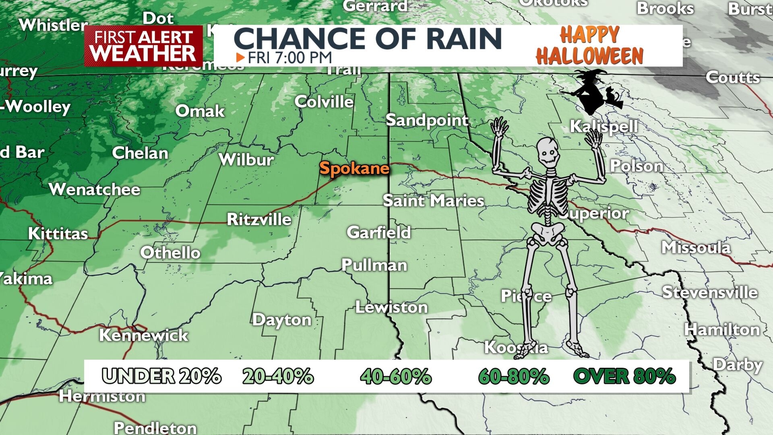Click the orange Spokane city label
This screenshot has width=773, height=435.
pos(354,168)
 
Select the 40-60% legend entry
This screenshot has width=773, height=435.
pos(396,377)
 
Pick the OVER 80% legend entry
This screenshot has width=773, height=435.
pos(624,377)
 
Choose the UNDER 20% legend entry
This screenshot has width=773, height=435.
pos(161,377)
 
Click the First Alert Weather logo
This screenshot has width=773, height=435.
pos(143,46)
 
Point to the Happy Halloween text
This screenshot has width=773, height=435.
pos(589,46)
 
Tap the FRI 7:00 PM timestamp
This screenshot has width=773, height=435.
pos(289,58)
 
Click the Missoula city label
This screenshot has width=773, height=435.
pos(696,247)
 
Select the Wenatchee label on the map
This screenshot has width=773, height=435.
pos(95,189)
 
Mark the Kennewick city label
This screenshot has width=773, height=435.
pos(144,335)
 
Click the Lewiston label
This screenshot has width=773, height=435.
pos(391,307)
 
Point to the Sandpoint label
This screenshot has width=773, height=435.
pos(427,120)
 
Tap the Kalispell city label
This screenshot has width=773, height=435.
pos(604,126)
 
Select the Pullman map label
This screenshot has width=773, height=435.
pos(374,265)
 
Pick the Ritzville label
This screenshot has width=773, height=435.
pos(259,220)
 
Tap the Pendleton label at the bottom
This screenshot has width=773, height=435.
pos(155,428)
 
